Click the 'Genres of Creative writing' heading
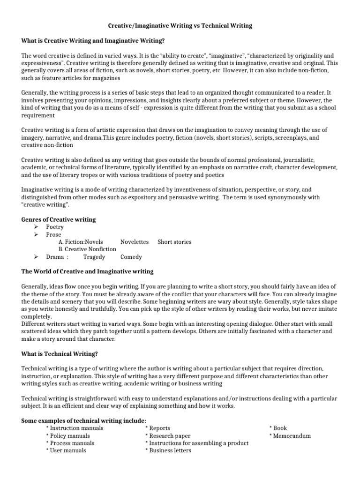(59, 219)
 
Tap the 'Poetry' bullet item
(55, 227)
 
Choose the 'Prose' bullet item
(53, 234)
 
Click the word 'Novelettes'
(135, 242)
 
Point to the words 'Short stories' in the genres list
(174, 242)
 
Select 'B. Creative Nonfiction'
(88, 249)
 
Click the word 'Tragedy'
(94, 257)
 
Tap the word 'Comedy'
(131, 257)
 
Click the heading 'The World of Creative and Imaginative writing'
(87, 272)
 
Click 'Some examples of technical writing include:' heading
(84, 420)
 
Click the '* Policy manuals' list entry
(69, 435)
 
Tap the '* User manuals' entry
(66, 450)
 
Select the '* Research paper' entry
(168, 435)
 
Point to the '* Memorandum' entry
(290, 435)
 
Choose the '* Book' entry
(278, 428)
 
